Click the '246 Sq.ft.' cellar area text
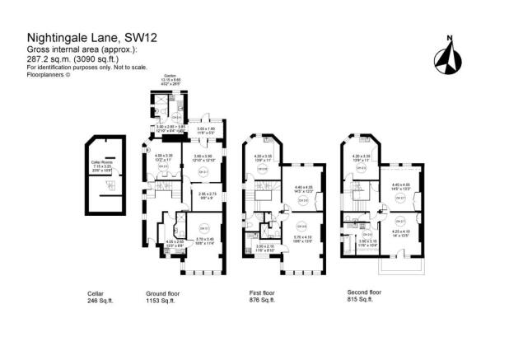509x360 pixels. pos(100,299)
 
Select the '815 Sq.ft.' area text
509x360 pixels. pos(358,299)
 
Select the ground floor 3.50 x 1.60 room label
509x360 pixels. pos(205,129)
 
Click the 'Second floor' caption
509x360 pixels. pos(364,292)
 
